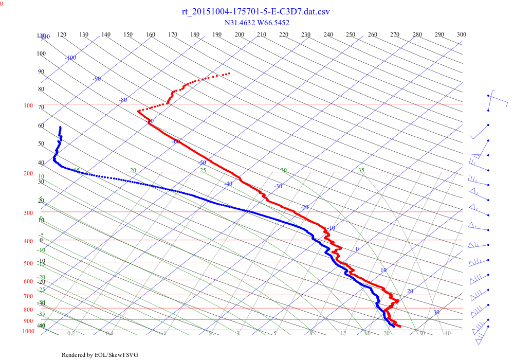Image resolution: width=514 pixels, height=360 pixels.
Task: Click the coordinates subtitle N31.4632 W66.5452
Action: [257, 23]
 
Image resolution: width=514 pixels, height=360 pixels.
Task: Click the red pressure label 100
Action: [28, 106]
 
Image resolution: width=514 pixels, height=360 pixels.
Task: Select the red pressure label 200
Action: [28, 174]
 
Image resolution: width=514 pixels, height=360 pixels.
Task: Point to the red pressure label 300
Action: [28, 213]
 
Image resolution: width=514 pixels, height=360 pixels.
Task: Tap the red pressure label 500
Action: [28, 264]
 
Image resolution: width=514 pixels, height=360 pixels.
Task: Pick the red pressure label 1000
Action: [28, 332]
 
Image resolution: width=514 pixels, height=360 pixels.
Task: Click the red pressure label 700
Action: [28, 297]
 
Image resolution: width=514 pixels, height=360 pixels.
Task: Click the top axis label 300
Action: [462, 34]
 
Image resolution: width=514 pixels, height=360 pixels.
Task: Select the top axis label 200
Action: [240, 34]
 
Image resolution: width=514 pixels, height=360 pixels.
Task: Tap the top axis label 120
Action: [62, 34]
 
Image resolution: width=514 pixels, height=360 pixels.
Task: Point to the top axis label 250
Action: [351, 34]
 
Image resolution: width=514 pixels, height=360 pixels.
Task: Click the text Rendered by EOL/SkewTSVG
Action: [100, 355]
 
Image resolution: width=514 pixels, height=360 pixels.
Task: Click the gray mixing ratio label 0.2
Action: [71, 334]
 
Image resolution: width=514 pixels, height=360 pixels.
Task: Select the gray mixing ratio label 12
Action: [343, 334]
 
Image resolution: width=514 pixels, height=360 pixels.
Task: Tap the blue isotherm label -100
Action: [70, 58]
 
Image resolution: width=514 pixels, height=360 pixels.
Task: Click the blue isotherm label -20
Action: [304, 207]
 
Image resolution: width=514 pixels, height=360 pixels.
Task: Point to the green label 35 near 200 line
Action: [361, 170]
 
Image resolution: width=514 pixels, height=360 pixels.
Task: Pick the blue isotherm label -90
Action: [97, 79]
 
